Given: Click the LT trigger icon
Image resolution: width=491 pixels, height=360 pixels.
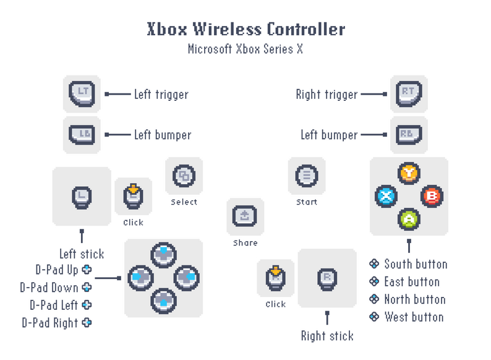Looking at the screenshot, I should [82, 93].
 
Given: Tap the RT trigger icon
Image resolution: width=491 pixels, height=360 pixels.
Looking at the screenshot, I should [408, 93].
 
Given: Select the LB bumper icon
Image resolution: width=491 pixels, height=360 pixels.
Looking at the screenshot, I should [82, 134].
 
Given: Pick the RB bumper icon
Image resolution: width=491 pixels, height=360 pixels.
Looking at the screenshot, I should [408, 134].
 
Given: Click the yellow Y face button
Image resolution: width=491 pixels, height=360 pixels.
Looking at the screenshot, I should [408, 173].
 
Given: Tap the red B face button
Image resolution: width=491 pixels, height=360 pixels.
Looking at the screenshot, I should [431, 197].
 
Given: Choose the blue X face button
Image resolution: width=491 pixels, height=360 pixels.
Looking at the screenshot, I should [386, 197].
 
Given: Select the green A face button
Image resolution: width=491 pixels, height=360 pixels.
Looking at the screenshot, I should [408, 218].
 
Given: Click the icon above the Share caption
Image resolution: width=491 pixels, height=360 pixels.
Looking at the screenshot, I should [244, 216].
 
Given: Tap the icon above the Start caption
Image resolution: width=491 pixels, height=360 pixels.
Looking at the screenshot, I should [306, 176].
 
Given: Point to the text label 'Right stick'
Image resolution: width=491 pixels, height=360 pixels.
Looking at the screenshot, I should [327, 336].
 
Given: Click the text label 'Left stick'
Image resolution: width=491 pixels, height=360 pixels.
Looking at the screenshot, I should [82, 254].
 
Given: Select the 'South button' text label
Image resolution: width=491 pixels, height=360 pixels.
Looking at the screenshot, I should [415, 264].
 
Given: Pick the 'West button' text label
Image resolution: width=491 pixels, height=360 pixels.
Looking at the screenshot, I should [414, 317].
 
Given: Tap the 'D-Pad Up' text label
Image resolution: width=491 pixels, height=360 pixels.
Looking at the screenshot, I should [56, 270].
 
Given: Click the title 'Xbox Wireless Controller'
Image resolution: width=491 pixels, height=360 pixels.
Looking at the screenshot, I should [246, 29].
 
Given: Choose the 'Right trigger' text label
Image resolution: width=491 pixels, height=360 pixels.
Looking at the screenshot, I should [327, 95].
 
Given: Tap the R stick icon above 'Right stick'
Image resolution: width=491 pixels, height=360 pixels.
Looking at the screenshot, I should [327, 277].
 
